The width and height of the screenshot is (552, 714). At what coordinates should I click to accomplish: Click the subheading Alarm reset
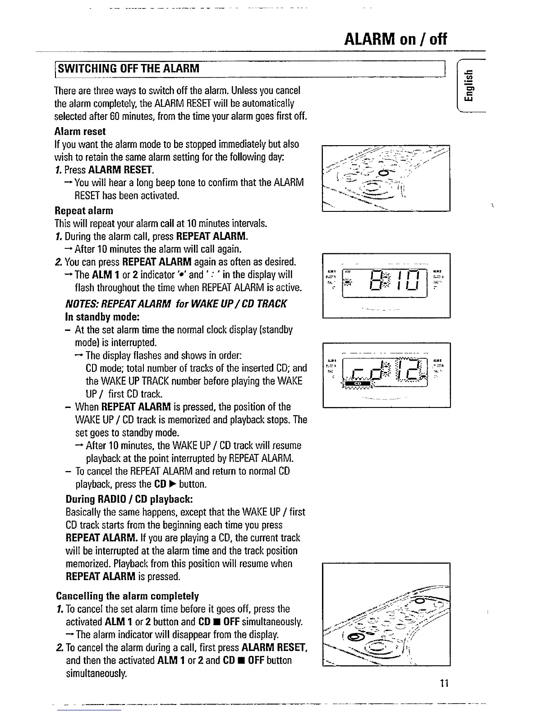pos(80,132)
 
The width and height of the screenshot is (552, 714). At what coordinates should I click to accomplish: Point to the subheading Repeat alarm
pos(84,211)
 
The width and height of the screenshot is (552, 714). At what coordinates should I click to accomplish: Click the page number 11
pos(444,683)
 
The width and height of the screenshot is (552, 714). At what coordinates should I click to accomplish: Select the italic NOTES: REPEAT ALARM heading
pos(176,303)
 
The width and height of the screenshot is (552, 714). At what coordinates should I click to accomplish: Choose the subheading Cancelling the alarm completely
pos(127,596)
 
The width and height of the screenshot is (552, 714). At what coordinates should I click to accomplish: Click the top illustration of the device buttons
pos(386,178)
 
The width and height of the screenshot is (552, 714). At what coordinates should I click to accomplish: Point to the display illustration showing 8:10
pos(386,285)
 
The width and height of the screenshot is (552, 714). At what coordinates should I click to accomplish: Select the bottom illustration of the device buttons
pos(386,614)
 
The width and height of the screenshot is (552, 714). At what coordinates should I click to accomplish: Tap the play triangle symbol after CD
pos(172,485)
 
